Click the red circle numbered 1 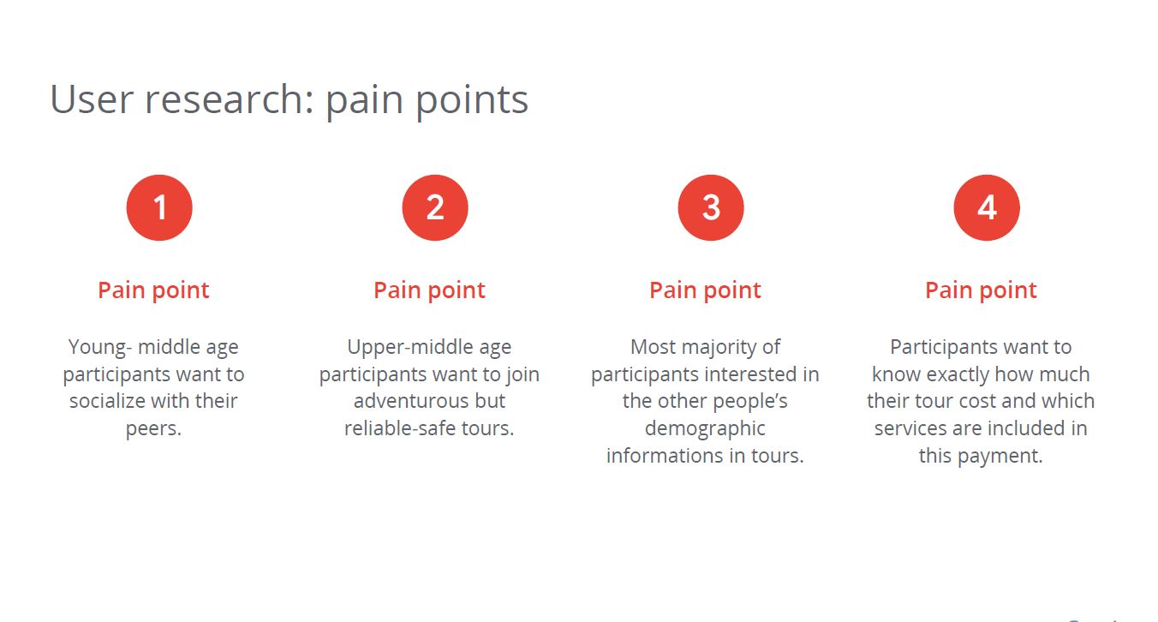159,207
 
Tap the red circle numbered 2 435,207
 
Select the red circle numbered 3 711,207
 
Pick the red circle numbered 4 987,207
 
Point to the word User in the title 92,99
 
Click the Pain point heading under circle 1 153,290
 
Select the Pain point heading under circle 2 429,290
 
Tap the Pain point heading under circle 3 705,290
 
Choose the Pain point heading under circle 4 981,290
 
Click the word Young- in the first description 99,348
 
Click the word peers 153,429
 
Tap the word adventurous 403,401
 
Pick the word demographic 705,429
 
